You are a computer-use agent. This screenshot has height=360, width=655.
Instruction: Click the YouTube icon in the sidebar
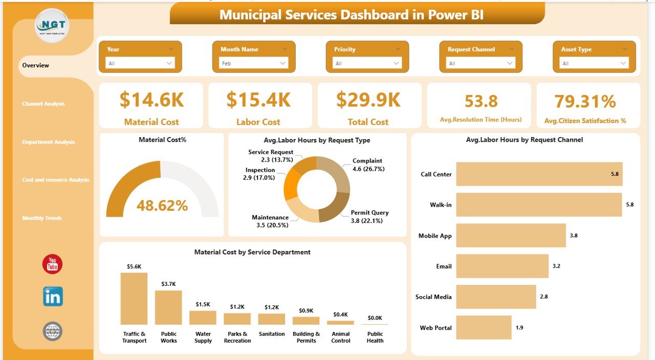(52, 264)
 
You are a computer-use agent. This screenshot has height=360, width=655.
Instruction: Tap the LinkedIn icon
(53, 297)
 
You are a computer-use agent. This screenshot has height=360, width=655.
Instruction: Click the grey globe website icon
(53, 331)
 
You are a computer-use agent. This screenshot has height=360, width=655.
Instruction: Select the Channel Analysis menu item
(43, 104)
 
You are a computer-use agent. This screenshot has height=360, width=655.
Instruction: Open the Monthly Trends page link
(42, 218)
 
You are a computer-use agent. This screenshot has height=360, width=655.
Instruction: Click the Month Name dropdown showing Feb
(254, 63)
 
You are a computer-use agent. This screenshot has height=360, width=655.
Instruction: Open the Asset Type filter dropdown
(594, 63)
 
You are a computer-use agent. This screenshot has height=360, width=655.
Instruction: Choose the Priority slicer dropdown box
(367, 63)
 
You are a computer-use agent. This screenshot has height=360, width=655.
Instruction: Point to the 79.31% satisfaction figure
(585, 101)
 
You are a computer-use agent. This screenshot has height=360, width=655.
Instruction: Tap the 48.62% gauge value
(162, 206)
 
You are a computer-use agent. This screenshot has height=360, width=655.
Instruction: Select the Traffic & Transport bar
(134, 299)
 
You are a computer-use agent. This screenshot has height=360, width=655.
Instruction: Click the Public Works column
(168, 307)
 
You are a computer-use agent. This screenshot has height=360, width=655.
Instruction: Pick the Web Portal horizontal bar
(484, 327)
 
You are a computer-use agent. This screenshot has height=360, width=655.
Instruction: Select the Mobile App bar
(511, 235)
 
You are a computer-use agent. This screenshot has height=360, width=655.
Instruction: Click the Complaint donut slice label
(368, 165)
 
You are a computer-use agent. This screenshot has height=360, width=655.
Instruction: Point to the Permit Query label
(369, 216)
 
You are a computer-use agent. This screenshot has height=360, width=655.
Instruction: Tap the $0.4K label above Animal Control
(340, 314)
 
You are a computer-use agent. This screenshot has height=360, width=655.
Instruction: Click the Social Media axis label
(433, 297)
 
